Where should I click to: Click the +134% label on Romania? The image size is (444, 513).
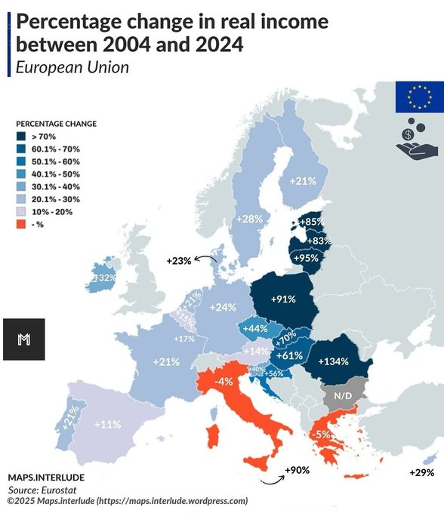333,361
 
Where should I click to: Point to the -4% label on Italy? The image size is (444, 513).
223,382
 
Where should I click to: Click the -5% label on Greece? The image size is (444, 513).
320,435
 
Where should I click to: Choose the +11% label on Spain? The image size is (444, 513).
107,424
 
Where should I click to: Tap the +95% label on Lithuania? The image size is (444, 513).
308,257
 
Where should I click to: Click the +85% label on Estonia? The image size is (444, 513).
311,222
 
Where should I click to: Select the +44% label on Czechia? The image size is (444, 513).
256,329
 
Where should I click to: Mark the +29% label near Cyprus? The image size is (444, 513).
421,472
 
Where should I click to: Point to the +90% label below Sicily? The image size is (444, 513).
297,471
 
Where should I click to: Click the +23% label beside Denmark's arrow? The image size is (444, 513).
179,261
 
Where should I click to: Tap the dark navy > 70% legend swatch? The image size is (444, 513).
23,137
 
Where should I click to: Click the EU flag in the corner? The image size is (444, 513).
419,95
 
